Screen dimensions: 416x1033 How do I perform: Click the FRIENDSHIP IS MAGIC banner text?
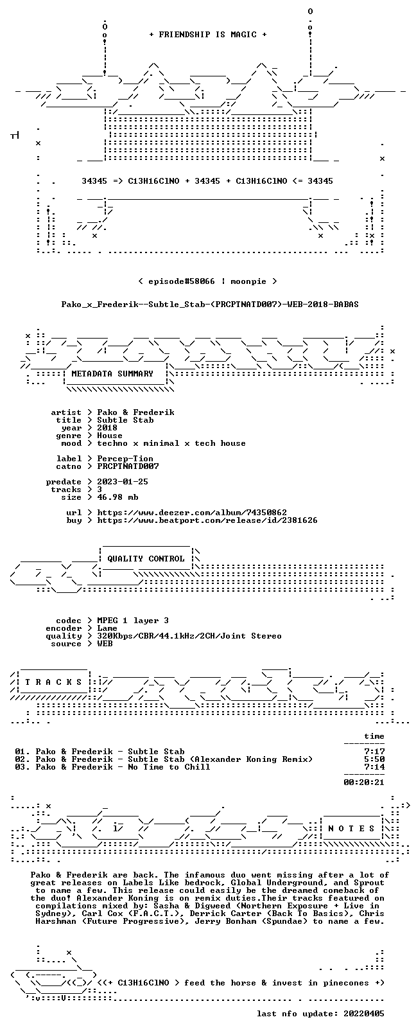208,35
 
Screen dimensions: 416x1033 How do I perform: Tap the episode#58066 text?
182,281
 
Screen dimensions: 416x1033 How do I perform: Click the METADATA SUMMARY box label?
112,373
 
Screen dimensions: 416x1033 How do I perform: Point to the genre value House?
110,436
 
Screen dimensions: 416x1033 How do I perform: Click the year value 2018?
107,427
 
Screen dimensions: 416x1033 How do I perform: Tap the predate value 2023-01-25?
123,481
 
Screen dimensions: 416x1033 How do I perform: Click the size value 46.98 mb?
117,497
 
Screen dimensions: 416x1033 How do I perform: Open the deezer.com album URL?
192,513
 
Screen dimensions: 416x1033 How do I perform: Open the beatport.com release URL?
207,520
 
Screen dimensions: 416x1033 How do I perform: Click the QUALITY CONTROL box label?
146,558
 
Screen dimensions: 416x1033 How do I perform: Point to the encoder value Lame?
107,628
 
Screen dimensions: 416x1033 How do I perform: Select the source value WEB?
105,644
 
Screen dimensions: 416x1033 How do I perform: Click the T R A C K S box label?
53,682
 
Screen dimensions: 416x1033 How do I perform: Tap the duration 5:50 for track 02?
374,759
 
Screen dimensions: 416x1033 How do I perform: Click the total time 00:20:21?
364,782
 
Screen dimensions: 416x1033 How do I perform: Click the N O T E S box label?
351,829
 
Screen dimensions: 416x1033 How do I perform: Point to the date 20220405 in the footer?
364,1014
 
